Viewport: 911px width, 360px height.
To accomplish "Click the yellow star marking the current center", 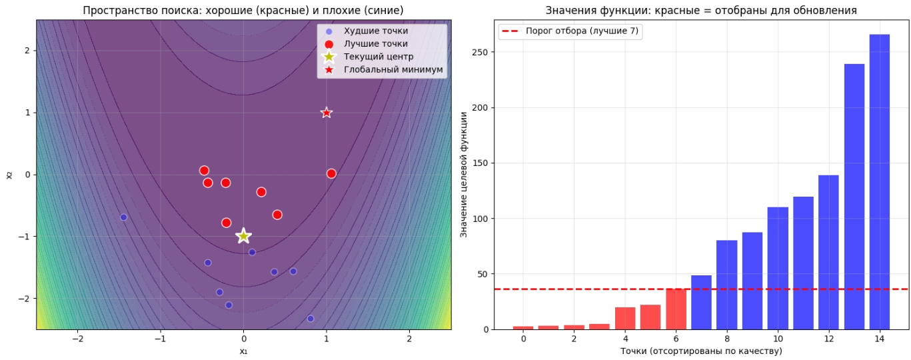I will tap(243, 235).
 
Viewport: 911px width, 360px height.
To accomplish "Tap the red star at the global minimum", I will tap(327, 113).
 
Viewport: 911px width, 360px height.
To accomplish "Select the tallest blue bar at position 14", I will tap(879, 181).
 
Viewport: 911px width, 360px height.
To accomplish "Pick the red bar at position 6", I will tap(676, 309).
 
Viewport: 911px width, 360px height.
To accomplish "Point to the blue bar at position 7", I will tap(701, 303).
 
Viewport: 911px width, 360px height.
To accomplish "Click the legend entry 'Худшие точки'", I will tap(376, 31).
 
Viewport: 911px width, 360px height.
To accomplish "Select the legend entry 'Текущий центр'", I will tap(379, 57).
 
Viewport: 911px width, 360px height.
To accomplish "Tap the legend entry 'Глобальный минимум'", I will tap(393, 69).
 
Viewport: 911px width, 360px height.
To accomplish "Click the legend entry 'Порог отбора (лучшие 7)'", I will tap(582, 31).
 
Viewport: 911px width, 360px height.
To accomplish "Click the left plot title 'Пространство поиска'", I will tap(243, 11).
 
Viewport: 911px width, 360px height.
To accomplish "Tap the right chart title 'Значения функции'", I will tap(701, 11).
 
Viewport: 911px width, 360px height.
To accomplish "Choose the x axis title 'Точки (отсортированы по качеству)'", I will tap(701, 351).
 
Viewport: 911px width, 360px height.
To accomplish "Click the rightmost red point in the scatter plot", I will tap(331, 173).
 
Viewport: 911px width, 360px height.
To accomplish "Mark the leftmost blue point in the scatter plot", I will tap(123, 217).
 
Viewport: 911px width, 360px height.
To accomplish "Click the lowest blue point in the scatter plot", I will tap(311, 319).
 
